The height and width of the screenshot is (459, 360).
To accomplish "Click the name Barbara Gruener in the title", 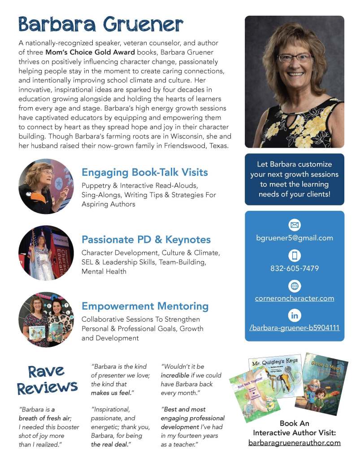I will coord(101,25).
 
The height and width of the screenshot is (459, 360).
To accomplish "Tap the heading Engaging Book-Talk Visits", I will coord(144,172).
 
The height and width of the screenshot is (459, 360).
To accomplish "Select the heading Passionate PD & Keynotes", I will coord(146,240).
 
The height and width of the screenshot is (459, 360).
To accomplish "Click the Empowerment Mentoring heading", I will coord(145,306).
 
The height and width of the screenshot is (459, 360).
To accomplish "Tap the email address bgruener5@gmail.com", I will coord(295,238).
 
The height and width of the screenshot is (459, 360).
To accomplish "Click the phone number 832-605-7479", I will coord(295,268).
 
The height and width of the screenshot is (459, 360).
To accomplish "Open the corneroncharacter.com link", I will coord(295,298).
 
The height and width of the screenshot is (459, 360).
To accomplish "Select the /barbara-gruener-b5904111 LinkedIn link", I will coord(295,328).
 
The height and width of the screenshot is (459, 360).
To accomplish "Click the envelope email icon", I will coord(295,225).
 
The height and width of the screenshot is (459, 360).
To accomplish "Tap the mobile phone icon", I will coord(295,256).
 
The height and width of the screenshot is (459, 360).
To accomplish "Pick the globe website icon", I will coord(295,286).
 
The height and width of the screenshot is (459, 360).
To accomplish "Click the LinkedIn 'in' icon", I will coord(295,315).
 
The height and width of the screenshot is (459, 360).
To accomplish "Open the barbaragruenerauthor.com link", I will coord(295,443).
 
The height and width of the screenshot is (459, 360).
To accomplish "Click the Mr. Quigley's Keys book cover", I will coord(274,375).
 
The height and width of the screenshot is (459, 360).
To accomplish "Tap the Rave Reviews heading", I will coord(47,380).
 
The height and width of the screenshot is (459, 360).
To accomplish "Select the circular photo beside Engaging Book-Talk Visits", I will coord(46,186).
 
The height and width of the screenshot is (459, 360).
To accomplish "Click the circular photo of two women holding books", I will coord(46,319).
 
